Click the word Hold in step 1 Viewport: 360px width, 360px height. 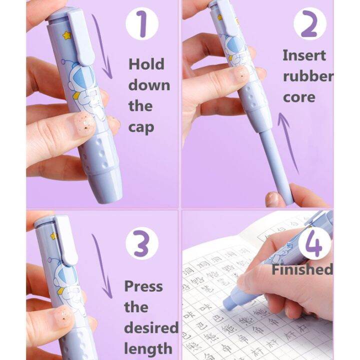click(x=146, y=64)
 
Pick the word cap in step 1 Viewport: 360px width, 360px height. click(x=141, y=126)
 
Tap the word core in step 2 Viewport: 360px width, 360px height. click(x=299, y=96)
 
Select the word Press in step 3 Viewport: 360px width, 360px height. click(x=143, y=286)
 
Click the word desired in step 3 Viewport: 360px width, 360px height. click(x=151, y=328)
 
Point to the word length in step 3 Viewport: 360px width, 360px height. click(x=148, y=348)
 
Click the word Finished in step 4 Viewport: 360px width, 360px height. click(x=302, y=269)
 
